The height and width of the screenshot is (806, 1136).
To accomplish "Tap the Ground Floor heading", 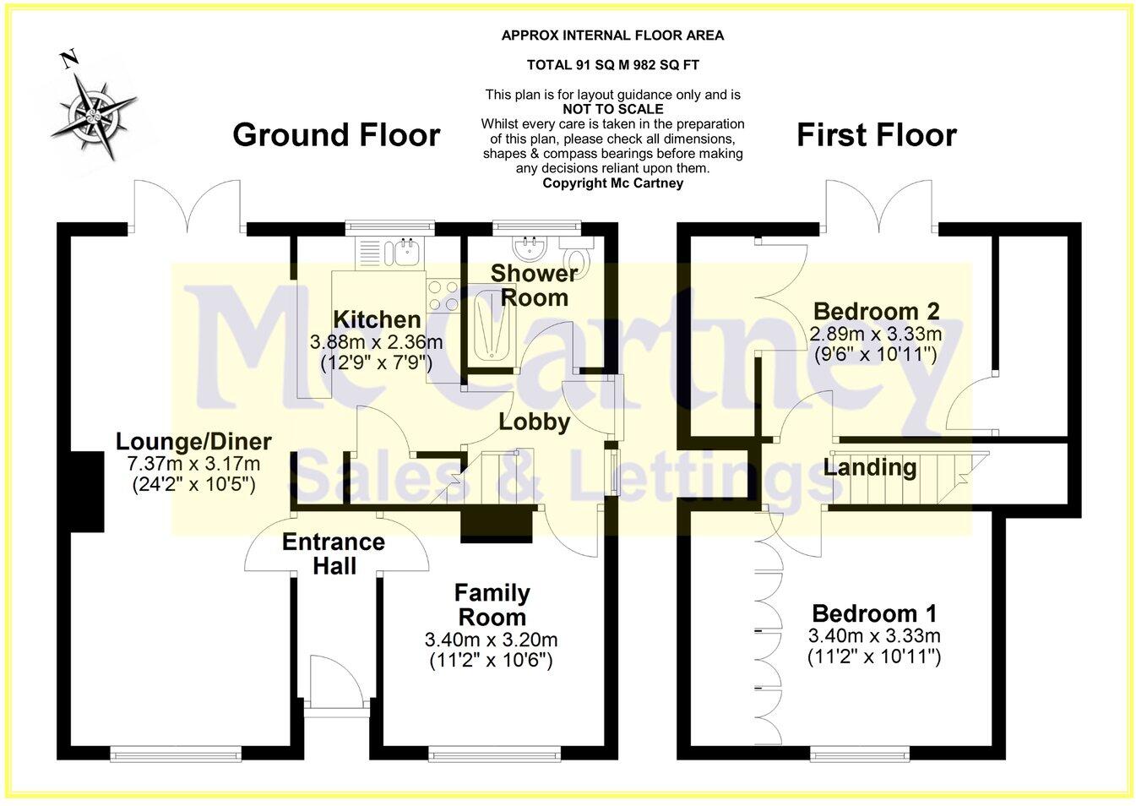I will [336, 135].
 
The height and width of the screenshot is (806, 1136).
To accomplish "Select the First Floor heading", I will [876, 135].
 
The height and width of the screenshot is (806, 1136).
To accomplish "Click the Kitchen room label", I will [377, 319].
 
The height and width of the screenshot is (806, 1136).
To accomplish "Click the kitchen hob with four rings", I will [443, 295].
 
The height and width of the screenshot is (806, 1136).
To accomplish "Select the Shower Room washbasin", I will [531, 248].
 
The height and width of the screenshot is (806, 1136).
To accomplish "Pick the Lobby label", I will [534, 422].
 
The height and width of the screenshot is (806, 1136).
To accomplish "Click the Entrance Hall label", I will [334, 553].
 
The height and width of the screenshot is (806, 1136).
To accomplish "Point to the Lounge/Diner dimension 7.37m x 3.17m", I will [193, 464].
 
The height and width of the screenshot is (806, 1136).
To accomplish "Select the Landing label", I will [870, 467].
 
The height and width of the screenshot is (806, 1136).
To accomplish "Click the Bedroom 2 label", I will [876, 312].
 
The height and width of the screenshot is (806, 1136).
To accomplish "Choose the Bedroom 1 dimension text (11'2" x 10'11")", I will [874, 656].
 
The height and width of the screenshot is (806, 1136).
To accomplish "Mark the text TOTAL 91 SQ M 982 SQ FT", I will [612, 65].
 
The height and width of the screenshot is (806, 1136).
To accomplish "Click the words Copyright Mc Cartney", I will [612, 182].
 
